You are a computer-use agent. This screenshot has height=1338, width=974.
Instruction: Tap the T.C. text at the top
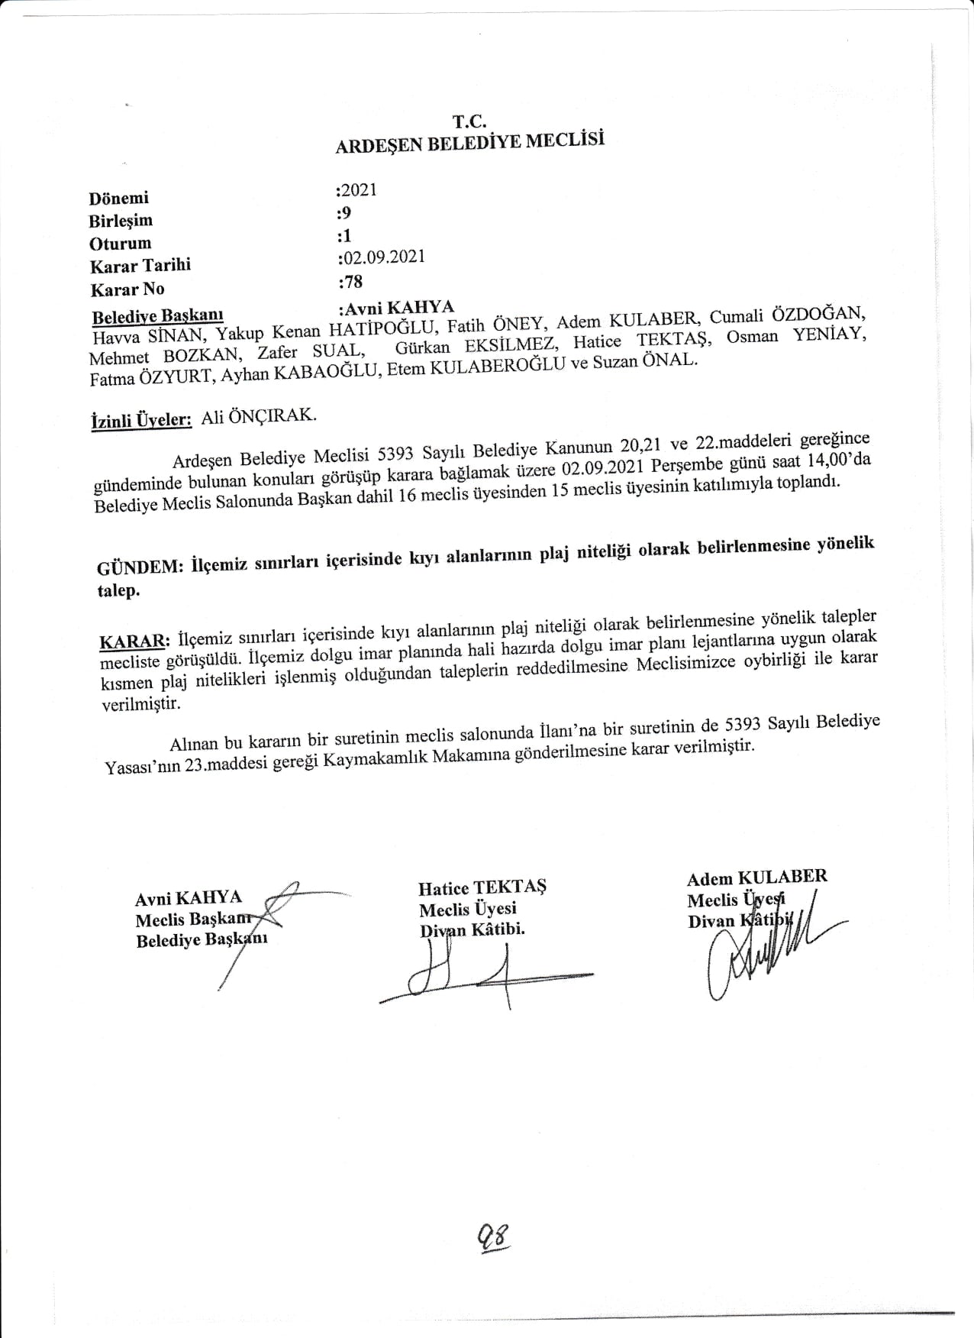[469, 121]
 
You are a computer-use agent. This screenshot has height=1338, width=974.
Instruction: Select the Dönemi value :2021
[357, 190]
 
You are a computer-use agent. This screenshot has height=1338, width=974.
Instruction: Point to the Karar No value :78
[350, 282]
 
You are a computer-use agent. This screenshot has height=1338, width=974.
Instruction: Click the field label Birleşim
[121, 221]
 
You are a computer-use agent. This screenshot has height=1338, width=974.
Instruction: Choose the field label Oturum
[120, 244]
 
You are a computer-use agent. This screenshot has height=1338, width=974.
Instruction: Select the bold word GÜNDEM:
[140, 567]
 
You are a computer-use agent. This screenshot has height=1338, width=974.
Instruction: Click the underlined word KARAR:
[134, 638]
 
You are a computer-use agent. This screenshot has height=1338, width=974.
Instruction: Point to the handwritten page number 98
[493, 1232]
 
